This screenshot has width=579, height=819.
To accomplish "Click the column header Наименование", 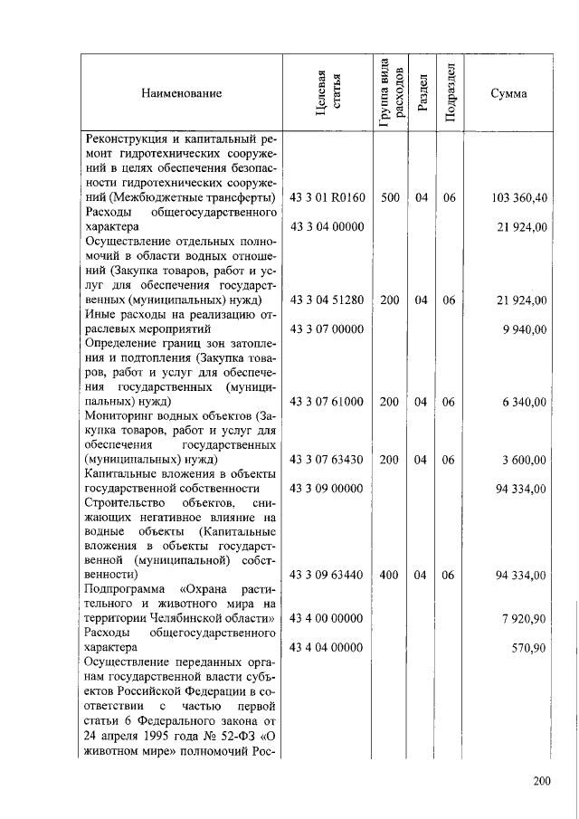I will tap(181, 94).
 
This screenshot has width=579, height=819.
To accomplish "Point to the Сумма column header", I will tap(508, 94).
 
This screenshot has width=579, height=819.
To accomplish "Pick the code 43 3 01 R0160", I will tap(327, 198).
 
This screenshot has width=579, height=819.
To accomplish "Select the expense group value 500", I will tap(390, 198).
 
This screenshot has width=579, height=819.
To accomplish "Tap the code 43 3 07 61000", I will tap(327, 402).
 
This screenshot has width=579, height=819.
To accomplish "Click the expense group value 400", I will tap(390, 575).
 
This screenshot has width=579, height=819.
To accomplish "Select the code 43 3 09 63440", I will tap(327, 575).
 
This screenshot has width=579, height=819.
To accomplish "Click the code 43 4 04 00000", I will tap(327, 647).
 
